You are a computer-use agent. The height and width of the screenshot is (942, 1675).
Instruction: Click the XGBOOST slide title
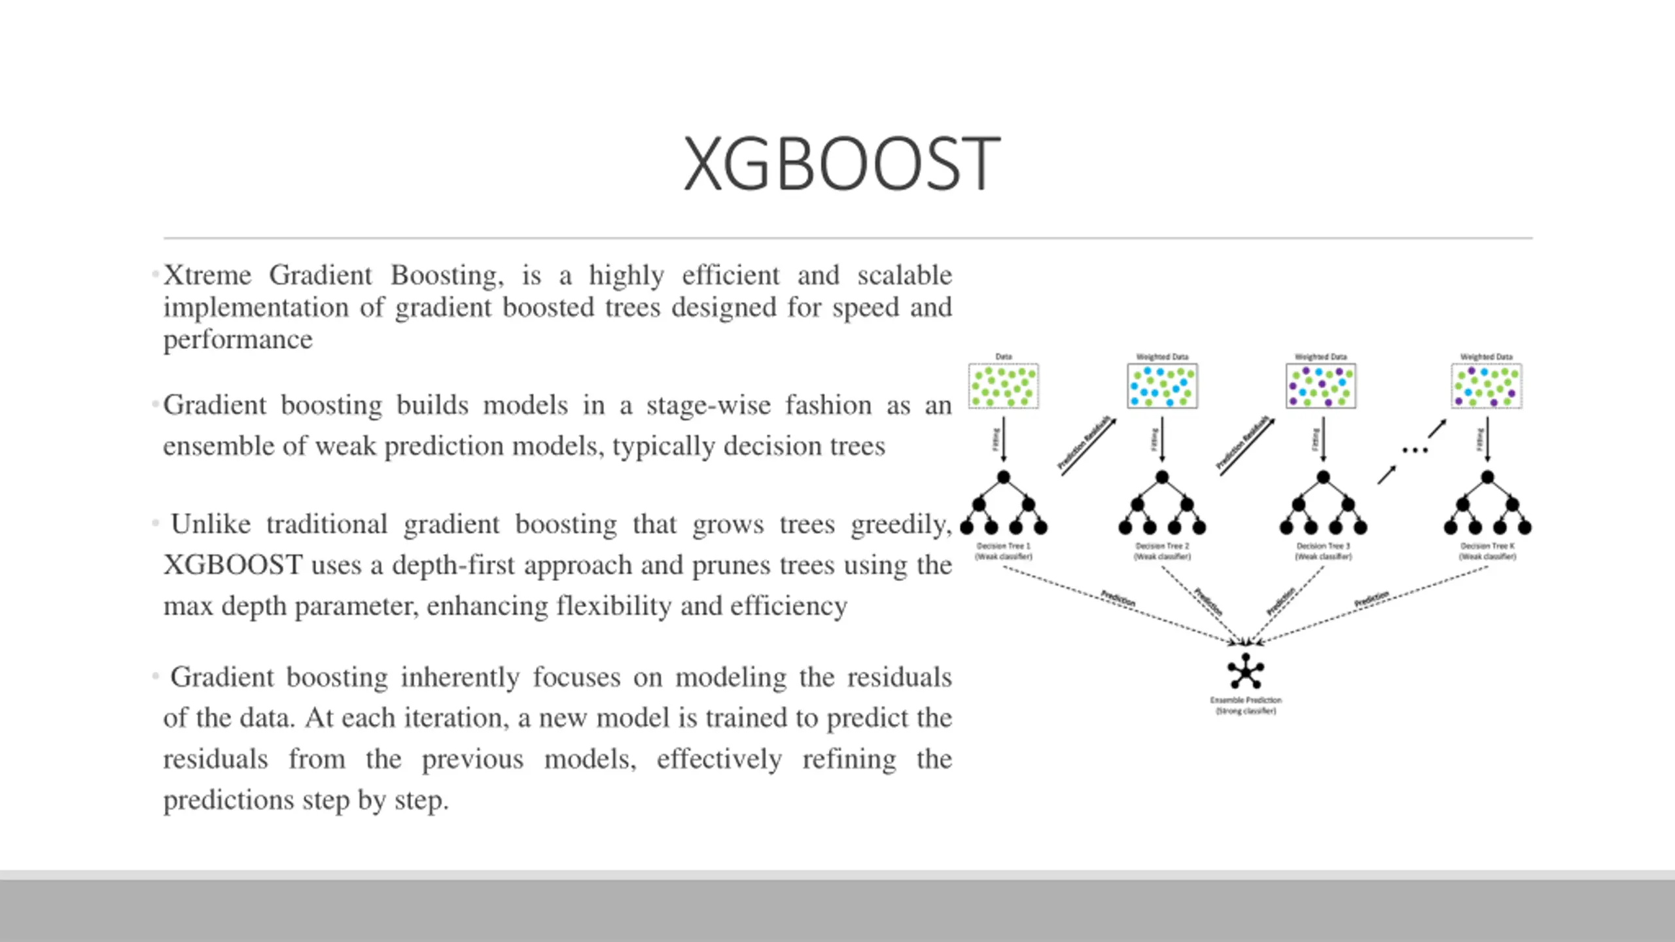(x=841, y=164)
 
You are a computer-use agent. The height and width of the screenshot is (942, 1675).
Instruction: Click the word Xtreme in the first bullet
(x=207, y=275)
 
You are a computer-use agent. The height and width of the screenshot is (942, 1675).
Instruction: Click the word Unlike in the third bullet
(x=211, y=525)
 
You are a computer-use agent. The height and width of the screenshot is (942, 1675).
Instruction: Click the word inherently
(x=461, y=678)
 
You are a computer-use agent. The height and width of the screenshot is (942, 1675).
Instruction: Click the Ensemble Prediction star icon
(x=1245, y=672)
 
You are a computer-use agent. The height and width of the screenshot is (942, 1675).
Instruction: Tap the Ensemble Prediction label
(x=1245, y=705)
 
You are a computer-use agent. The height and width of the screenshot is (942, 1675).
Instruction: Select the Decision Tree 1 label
(x=1003, y=551)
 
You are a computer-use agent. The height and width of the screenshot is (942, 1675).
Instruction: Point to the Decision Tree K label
(x=1487, y=551)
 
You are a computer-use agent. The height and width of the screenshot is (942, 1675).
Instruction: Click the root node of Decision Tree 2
(x=1162, y=477)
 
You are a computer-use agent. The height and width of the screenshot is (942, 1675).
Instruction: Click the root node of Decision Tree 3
(x=1323, y=477)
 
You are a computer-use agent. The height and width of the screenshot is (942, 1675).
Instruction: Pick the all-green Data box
(x=1003, y=386)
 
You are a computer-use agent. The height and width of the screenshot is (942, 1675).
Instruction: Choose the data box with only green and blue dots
(x=1162, y=386)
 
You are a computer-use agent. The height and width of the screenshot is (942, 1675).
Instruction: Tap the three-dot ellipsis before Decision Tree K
(x=1415, y=450)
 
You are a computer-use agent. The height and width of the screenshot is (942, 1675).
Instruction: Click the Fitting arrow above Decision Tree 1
(x=1004, y=440)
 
